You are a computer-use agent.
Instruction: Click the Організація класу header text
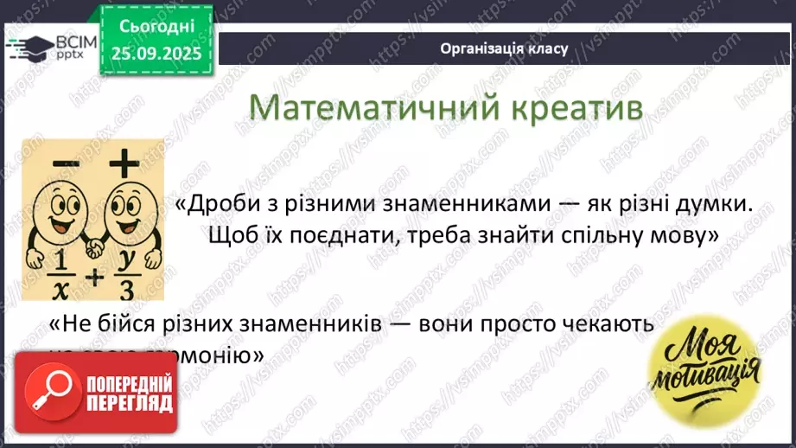tap(504, 48)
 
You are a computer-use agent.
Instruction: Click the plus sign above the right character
tap(124, 163)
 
